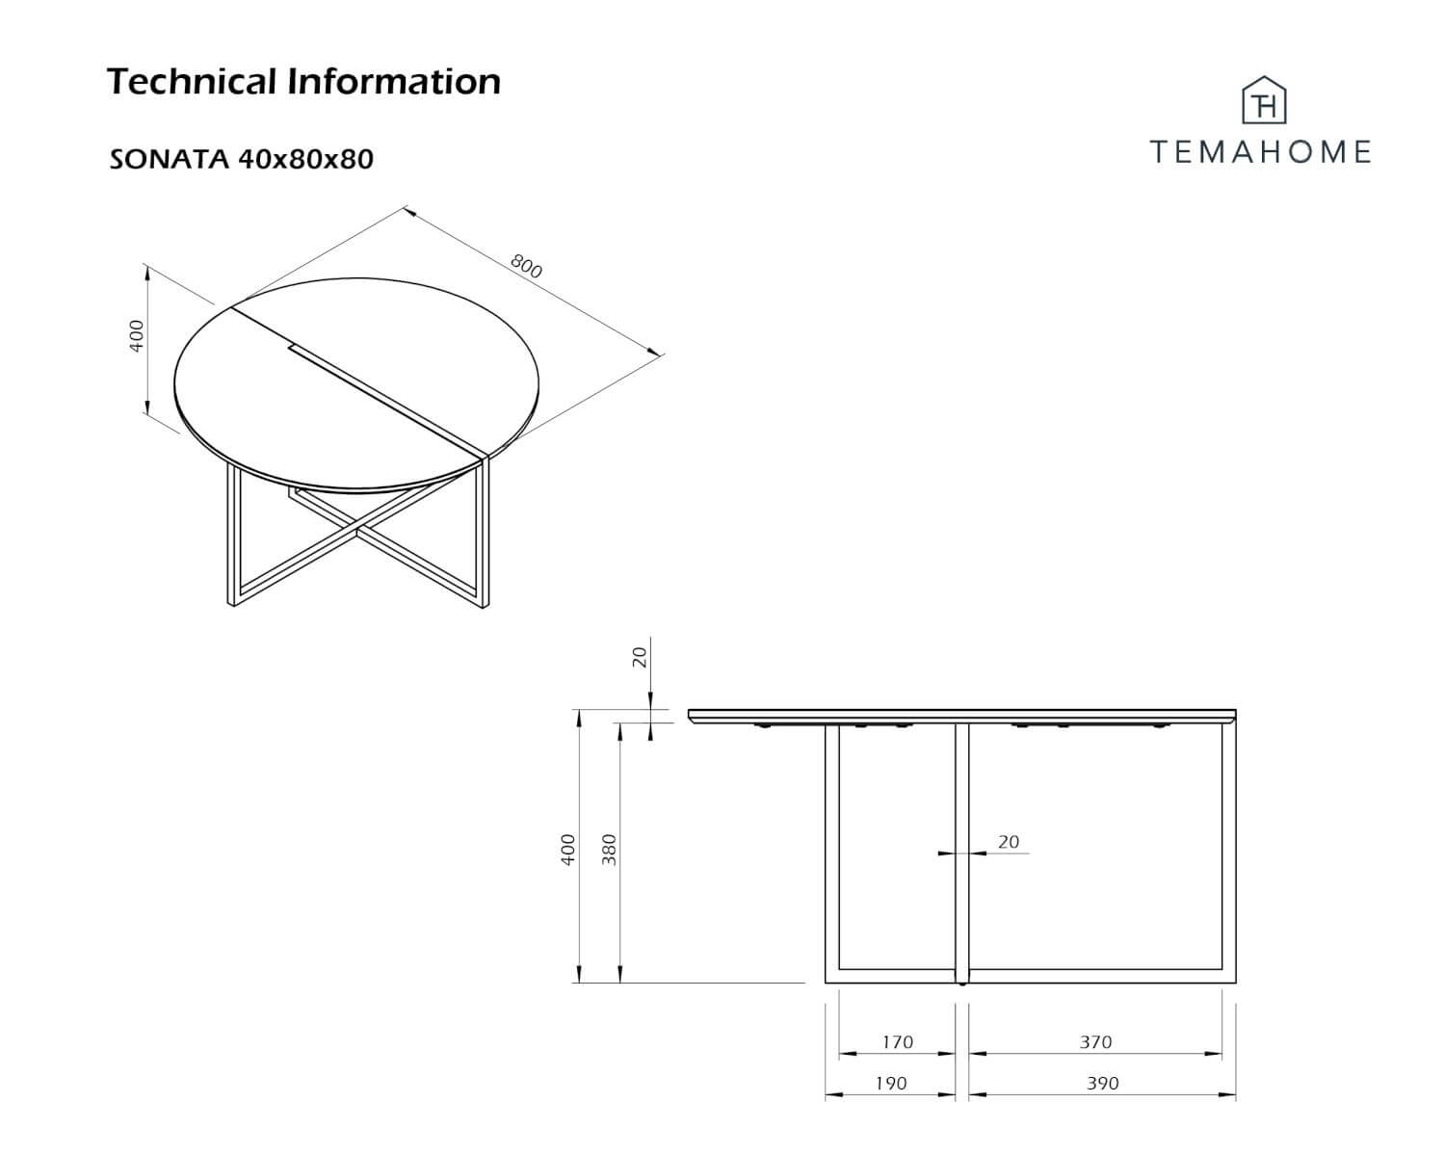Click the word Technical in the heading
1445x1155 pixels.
click(192, 81)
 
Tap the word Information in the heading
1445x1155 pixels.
click(394, 81)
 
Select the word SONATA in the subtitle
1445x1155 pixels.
click(170, 160)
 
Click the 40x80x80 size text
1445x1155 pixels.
click(306, 160)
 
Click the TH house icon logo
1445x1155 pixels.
click(1264, 100)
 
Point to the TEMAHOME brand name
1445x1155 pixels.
click(1260, 152)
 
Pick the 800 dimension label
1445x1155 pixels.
click(526, 266)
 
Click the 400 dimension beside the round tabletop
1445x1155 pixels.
click(136, 336)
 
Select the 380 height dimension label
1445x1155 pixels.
click(609, 850)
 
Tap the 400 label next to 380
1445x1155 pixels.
click(568, 850)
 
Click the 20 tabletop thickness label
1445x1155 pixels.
click(640, 657)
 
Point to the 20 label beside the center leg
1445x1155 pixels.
click(1009, 841)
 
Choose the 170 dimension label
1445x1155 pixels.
click(897, 1041)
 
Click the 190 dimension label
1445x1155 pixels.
click(890, 1083)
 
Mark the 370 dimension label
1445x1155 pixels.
click(1096, 1041)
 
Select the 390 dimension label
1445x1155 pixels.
click(1103, 1083)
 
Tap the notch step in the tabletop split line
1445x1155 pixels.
click(293, 349)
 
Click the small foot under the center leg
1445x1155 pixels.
click(963, 985)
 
